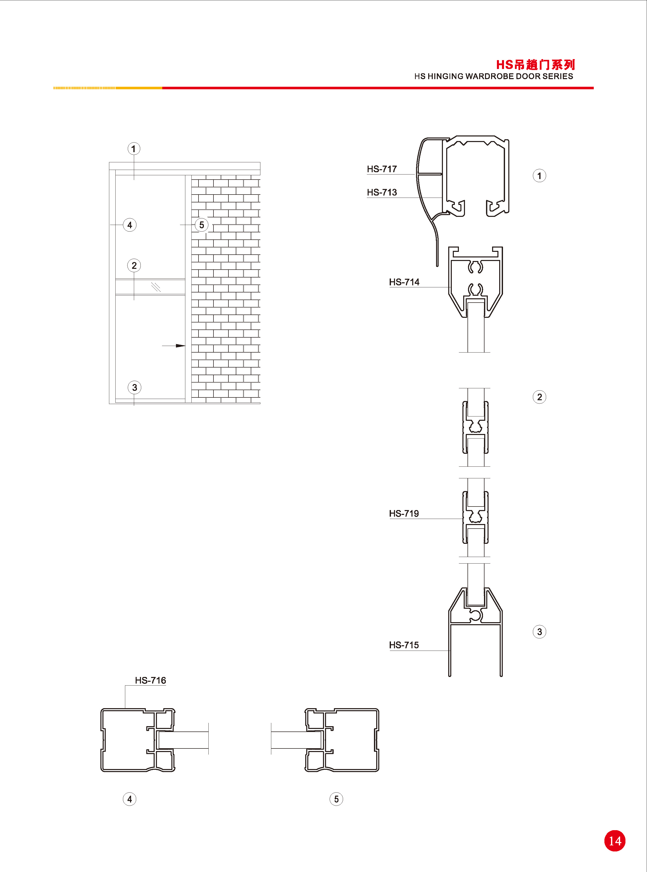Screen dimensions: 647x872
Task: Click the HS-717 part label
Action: coord(382,169)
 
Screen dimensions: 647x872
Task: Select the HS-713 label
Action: coord(382,192)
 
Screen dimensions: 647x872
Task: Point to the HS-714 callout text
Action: coord(404,282)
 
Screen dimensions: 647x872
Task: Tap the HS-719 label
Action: coord(404,514)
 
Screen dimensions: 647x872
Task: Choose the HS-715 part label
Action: coord(404,645)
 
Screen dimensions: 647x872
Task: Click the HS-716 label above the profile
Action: coord(150,681)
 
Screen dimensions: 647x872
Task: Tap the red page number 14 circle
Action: coord(615,841)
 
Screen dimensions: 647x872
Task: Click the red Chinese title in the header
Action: coord(535,65)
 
